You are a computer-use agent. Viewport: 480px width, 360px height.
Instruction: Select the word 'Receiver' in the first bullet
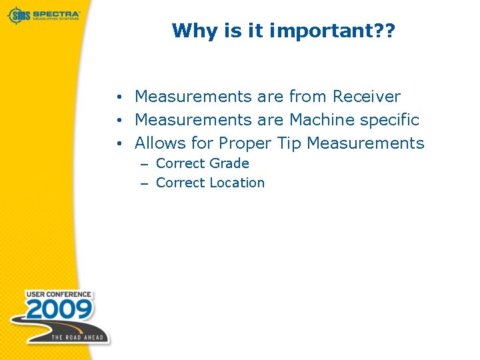pyautogui.click(x=366, y=97)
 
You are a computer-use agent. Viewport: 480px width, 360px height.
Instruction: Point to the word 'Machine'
pyautogui.click(x=319, y=120)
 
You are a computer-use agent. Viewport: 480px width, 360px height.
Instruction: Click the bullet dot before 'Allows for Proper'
pyautogui.click(x=116, y=144)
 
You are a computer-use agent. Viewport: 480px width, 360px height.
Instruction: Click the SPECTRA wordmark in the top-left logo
pyautogui.click(x=56, y=13)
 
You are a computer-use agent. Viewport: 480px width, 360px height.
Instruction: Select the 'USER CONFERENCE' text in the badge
pyautogui.click(x=59, y=294)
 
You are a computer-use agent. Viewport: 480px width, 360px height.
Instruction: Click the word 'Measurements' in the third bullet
pyautogui.click(x=365, y=143)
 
